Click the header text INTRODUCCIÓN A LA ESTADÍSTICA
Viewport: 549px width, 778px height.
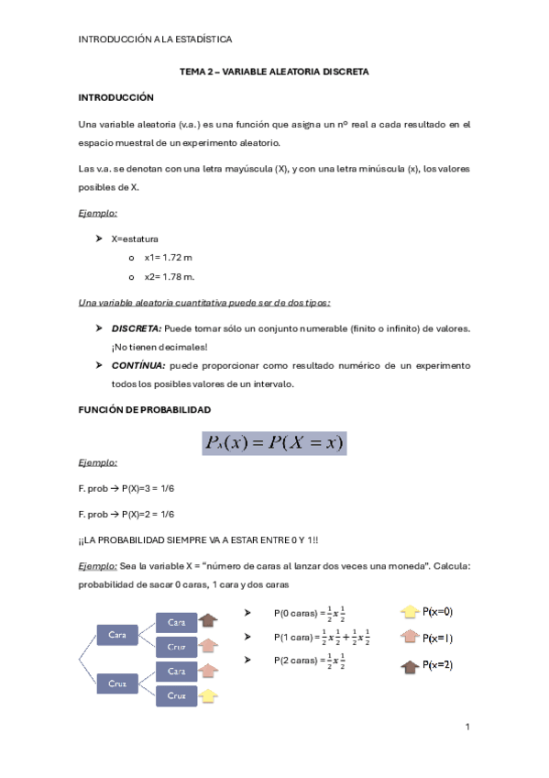(155, 39)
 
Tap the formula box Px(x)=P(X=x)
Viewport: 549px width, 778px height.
(274, 444)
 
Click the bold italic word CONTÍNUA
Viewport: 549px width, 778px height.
(137, 365)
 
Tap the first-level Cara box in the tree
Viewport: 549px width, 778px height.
(117, 635)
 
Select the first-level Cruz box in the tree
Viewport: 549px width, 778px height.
(117, 684)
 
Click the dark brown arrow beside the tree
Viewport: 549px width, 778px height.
(208, 622)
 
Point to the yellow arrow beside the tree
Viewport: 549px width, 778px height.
(208, 695)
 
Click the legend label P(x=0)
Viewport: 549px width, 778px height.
(437, 612)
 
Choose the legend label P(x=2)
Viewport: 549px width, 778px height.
(437, 664)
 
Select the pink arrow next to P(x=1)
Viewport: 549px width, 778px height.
(408, 638)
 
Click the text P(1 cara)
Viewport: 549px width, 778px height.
(295, 638)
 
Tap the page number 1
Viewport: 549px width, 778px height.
(467, 728)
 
